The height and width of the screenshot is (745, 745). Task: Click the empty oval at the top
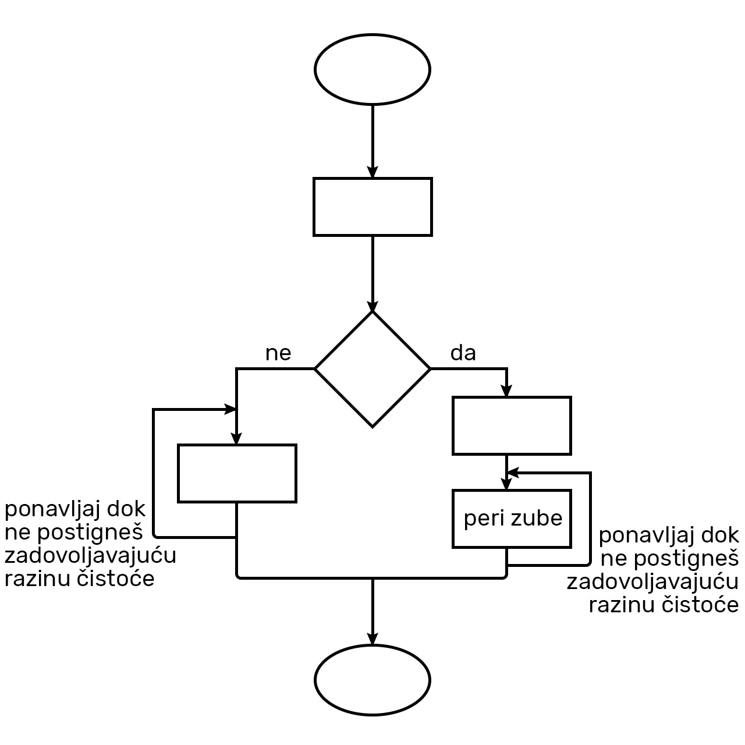click(372, 69)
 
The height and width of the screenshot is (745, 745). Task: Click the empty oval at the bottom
click(372, 679)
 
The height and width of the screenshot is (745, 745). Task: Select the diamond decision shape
click(372, 369)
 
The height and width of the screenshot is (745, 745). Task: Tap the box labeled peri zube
click(512, 519)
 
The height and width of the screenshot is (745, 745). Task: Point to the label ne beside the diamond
click(278, 353)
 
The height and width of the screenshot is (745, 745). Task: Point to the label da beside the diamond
click(463, 353)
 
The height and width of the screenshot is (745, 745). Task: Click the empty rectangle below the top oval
click(372, 207)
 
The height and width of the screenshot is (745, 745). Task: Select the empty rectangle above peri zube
click(512, 425)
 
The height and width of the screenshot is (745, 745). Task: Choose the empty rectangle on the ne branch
click(237, 473)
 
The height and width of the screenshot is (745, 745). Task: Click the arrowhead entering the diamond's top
click(372, 306)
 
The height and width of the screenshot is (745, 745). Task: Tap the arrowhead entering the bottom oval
click(372, 638)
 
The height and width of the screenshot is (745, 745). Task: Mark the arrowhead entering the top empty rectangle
click(372, 172)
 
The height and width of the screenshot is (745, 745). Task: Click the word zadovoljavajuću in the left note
click(90, 556)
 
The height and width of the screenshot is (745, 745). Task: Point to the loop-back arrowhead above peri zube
click(512, 473)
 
